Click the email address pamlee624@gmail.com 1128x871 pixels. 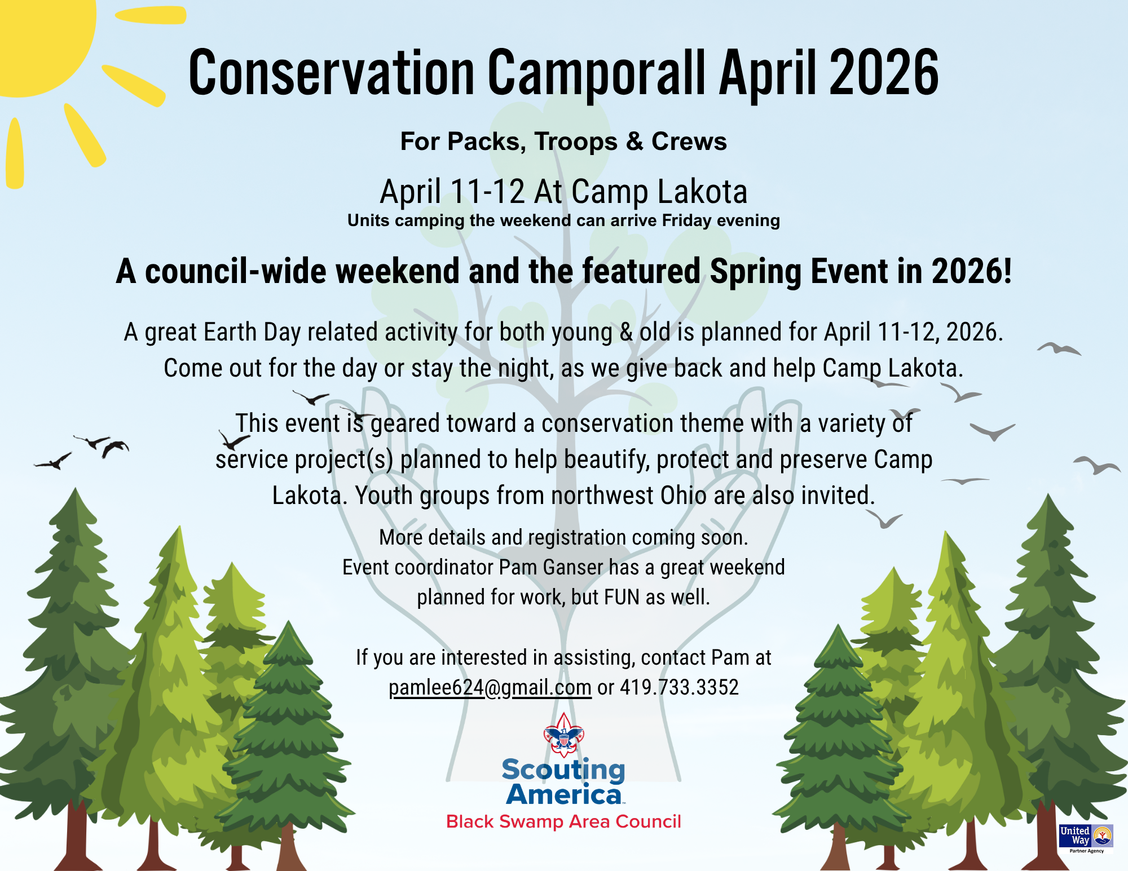[490, 688]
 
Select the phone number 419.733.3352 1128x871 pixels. [679, 687]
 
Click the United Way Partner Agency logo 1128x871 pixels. [1086, 839]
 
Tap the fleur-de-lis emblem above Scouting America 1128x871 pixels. [563, 735]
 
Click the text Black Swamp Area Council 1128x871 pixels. [563, 822]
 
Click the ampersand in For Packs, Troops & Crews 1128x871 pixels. [634, 142]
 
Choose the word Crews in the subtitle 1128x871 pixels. [689, 142]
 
